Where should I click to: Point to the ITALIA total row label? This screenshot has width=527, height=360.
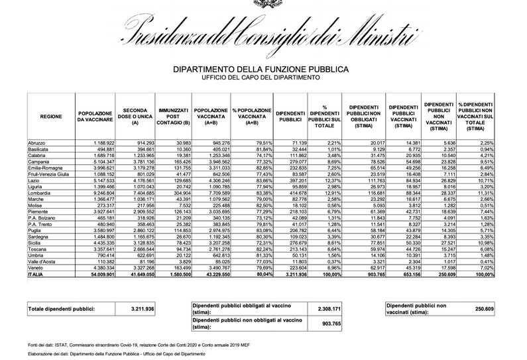point(36,274)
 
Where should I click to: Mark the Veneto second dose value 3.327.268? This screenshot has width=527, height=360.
point(141,268)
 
